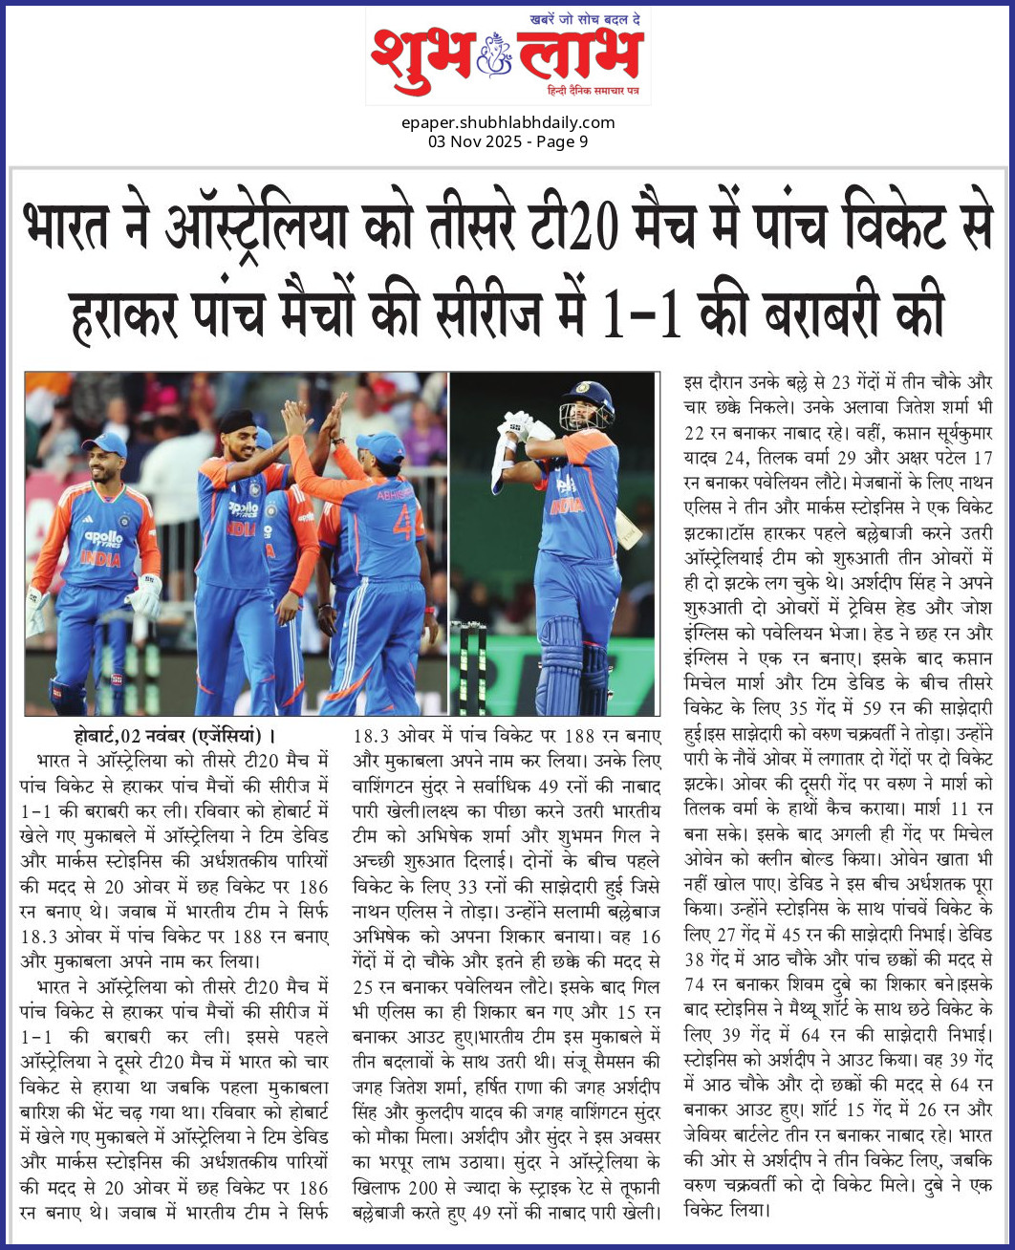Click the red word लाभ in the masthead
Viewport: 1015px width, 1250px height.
click(579, 54)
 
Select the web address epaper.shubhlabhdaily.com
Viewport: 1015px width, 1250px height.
click(507, 122)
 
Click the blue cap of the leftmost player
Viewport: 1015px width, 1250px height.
click(104, 443)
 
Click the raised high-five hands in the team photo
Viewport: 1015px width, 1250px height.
click(314, 411)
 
